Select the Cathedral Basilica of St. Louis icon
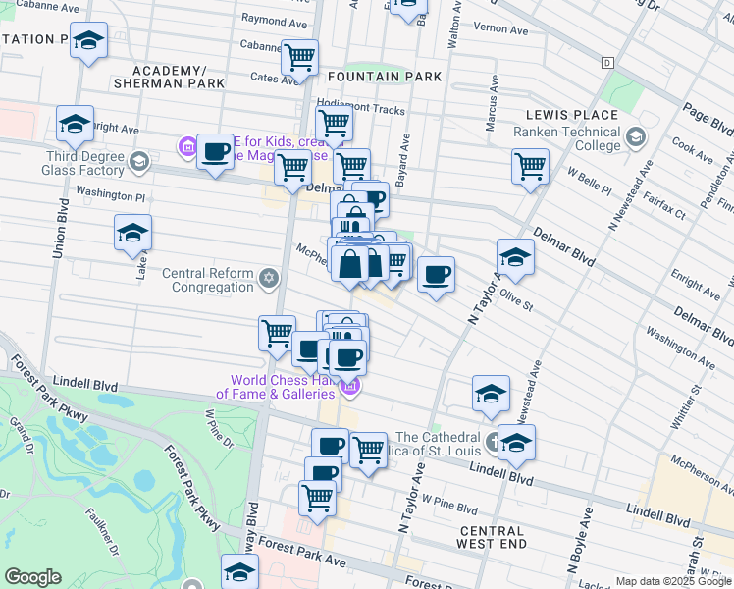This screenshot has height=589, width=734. point(493,439)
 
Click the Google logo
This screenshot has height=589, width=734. point(33,577)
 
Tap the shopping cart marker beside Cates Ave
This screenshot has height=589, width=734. point(299,57)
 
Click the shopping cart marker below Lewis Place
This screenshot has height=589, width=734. point(530,165)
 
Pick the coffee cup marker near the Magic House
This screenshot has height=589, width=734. point(215,152)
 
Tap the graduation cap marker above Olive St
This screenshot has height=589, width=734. point(515,257)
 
